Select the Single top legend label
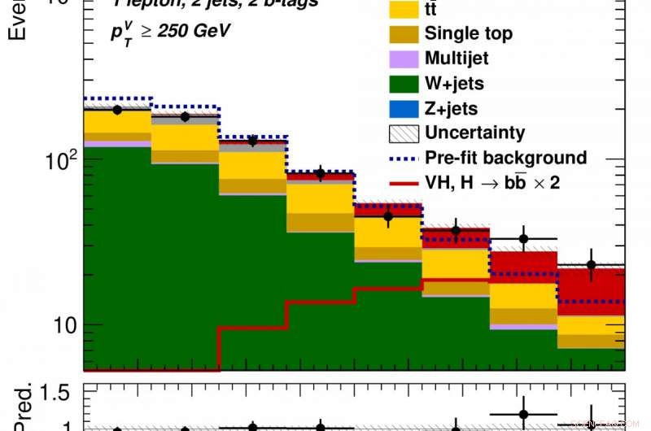click(x=468, y=33)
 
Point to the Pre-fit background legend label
click(x=505, y=158)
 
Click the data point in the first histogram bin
click(x=117, y=110)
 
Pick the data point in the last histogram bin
click(x=592, y=265)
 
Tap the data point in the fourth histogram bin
click(x=320, y=173)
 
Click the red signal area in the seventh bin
click(x=522, y=267)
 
